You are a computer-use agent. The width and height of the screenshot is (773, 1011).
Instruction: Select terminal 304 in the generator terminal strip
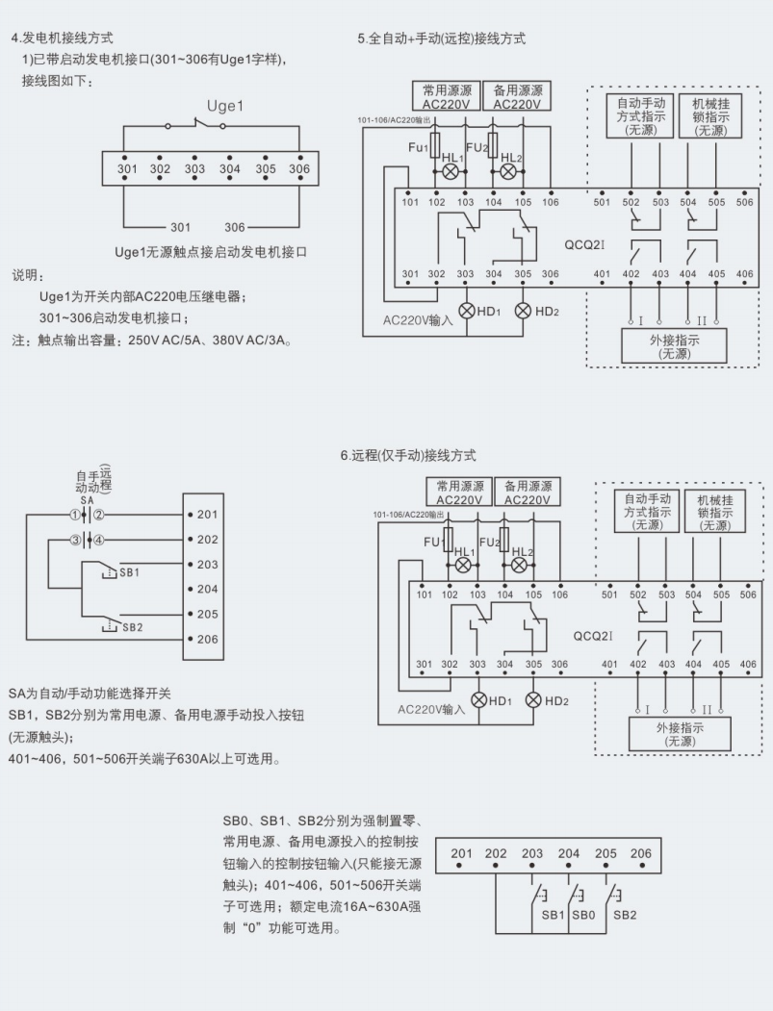tap(229, 168)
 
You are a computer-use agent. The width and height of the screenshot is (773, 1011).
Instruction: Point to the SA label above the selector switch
tap(87, 502)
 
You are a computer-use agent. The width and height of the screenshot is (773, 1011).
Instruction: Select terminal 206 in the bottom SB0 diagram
tap(639, 853)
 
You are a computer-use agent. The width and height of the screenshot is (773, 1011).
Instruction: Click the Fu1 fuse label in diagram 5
tap(418, 147)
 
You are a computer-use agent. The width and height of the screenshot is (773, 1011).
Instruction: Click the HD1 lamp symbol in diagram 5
tap(467, 310)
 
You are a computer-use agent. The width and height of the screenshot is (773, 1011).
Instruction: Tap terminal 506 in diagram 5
tap(745, 202)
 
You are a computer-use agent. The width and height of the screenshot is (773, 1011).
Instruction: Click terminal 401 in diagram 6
tap(609, 664)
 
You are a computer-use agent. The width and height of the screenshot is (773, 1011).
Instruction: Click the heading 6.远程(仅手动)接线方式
tap(409, 455)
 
